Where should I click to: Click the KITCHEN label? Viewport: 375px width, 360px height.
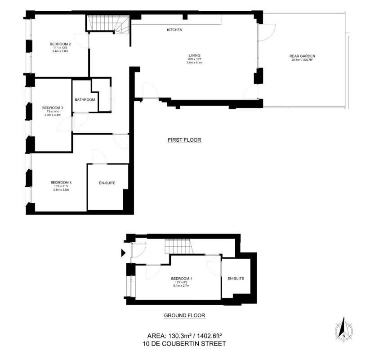coord(174,30)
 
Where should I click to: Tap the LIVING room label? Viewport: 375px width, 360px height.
coord(194,55)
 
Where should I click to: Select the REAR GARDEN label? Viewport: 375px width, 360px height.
coord(302,56)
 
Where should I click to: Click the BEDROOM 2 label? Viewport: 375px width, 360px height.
coord(60,44)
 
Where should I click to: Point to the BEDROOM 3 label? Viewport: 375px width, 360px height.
coord(53,108)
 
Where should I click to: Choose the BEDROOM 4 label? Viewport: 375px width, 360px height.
coord(61,183)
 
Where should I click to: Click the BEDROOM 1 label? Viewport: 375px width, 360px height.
coord(182,279)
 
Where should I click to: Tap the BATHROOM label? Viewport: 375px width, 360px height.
coord(85,100)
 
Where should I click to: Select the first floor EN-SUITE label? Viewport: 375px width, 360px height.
coord(107,183)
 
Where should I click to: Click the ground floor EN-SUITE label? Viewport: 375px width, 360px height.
coord(236,279)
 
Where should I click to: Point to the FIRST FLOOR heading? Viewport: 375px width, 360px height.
coord(184,140)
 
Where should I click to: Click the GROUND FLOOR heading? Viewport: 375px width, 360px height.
coord(184,315)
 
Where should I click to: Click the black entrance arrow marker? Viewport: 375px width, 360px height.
coord(123,253)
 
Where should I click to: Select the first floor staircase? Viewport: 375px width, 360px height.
coord(108,24)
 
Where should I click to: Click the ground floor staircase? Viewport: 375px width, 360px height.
coord(179,247)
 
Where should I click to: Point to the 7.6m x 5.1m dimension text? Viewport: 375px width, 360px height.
coord(194,63)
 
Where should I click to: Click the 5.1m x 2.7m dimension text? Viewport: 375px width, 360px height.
coord(182,286)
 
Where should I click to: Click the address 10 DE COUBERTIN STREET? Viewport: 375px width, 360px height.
coord(184,344)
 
